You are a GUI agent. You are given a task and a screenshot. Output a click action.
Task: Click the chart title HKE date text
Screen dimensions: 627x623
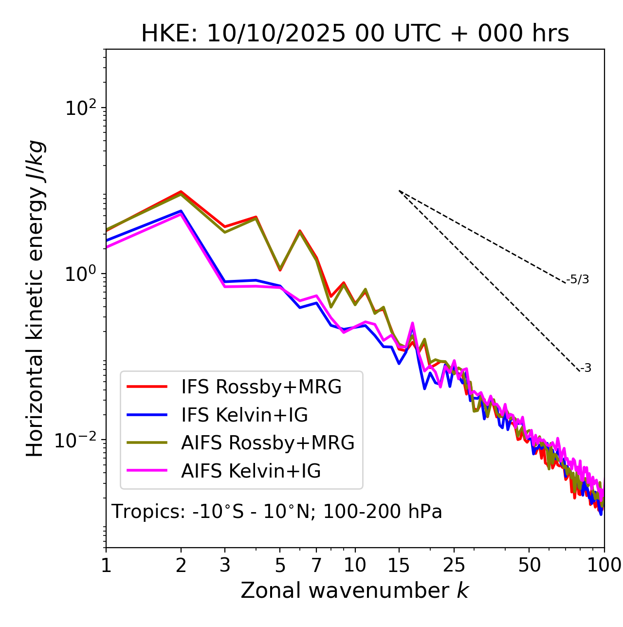pyautogui.click(x=355, y=34)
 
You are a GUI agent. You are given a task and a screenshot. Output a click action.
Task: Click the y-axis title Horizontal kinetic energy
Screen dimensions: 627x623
pyautogui.click(x=36, y=299)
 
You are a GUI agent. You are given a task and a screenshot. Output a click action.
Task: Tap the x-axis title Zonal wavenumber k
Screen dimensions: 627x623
pyautogui.click(x=355, y=590)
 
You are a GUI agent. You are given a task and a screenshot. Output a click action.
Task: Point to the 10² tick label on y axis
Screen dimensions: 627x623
pyautogui.click(x=80, y=108)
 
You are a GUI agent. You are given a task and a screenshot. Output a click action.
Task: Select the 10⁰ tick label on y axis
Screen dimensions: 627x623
pyautogui.click(x=80, y=274)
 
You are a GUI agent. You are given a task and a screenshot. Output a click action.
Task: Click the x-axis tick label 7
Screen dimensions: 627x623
pyautogui.click(x=316, y=565)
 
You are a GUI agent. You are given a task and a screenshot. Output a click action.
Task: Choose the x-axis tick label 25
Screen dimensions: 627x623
pyautogui.click(x=454, y=565)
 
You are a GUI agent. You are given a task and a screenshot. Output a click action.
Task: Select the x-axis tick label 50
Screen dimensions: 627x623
pyautogui.click(x=529, y=565)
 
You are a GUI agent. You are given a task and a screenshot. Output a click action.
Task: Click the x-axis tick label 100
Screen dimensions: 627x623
pyautogui.click(x=604, y=565)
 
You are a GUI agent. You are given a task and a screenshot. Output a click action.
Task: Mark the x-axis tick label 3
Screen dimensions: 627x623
pyautogui.click(x=225, y=565)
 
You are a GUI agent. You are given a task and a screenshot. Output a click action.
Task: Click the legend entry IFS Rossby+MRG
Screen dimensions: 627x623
pyautogui.click(x=261, y=387)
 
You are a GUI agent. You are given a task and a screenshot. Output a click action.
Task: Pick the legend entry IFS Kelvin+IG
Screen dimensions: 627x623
pyautogui.click(x=244, y=415)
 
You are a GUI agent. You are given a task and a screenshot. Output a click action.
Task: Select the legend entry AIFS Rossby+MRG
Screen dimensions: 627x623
pyautogui.click(x=268, y=443)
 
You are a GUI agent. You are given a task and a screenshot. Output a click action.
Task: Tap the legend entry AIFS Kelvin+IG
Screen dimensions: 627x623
pyautogui.click(x=251, y=471)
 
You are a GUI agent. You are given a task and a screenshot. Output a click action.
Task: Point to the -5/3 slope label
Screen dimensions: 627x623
pyautogui.click(x=578, y=279)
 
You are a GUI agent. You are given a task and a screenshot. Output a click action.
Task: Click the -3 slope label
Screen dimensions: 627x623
pyautogui.click(x=586, y=369)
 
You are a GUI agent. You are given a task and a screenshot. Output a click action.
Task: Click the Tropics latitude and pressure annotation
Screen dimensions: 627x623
pyautogui.click(x=277, y=512)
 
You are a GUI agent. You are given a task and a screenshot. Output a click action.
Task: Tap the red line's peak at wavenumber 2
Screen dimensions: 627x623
pyautogui.click(x=181, y=192)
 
